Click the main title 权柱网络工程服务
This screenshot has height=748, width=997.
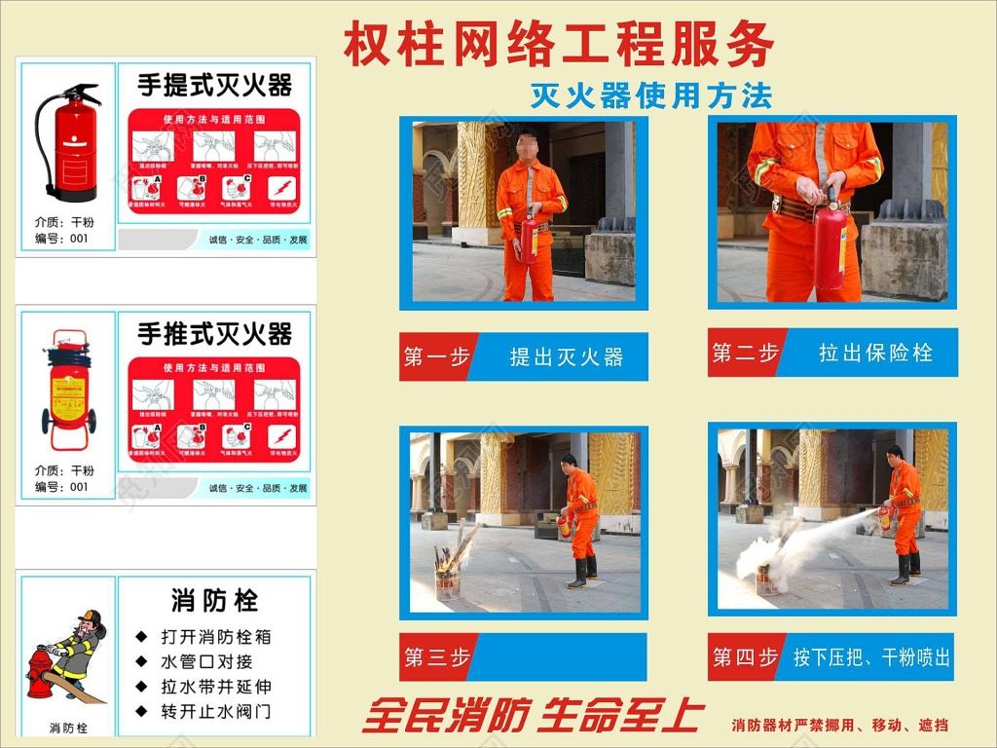coord(559,45)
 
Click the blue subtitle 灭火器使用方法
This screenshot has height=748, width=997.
coord(650,95)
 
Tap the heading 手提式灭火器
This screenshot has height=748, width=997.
coord(214,86)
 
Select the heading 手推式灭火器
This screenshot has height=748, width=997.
coord(214,335)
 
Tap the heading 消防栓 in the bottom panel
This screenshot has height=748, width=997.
coord(214,600)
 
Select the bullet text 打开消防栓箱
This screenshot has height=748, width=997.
coord(216,637)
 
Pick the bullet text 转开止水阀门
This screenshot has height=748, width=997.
coord(216,711)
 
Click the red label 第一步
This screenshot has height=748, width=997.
coord(436,357)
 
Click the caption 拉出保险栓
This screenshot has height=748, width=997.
coord(875,353)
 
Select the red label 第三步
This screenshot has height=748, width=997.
coord(436,658)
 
